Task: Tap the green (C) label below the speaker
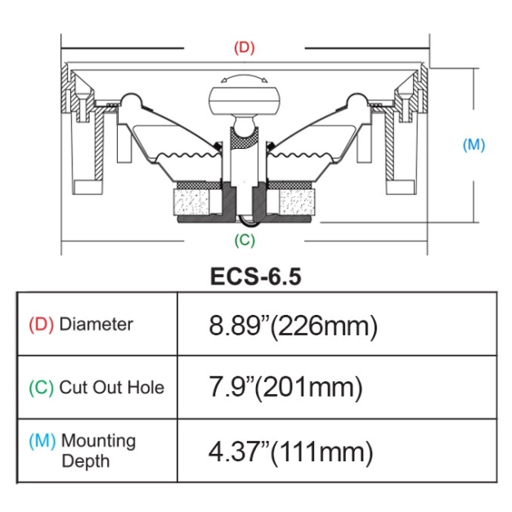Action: pyautogui.click(x=245, y=240)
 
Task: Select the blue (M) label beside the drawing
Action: pyautogui.click(x=474, y=145)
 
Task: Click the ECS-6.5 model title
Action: pyautogui.click(x=256, y=276)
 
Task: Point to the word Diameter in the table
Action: pyautogui.click(x=96, y=324)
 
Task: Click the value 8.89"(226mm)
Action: pyautogui.click(x=294, y=326)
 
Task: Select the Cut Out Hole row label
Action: pyautogui.click(x=111, y=387)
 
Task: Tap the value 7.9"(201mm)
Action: pyautogui.click(x=285, y=388)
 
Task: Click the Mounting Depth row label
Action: pyautogui.click(x=98, y=451)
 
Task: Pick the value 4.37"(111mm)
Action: pyautogui.click(x=291, y=451)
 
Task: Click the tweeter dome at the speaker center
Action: pyautogui.click(x=244, y=99)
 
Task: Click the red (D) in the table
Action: pyautogui.click(x=41, y=324)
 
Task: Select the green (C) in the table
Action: pyautogui.click(x=41, y=387)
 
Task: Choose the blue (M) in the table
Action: pyautogui.click(x=43, y=441)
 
